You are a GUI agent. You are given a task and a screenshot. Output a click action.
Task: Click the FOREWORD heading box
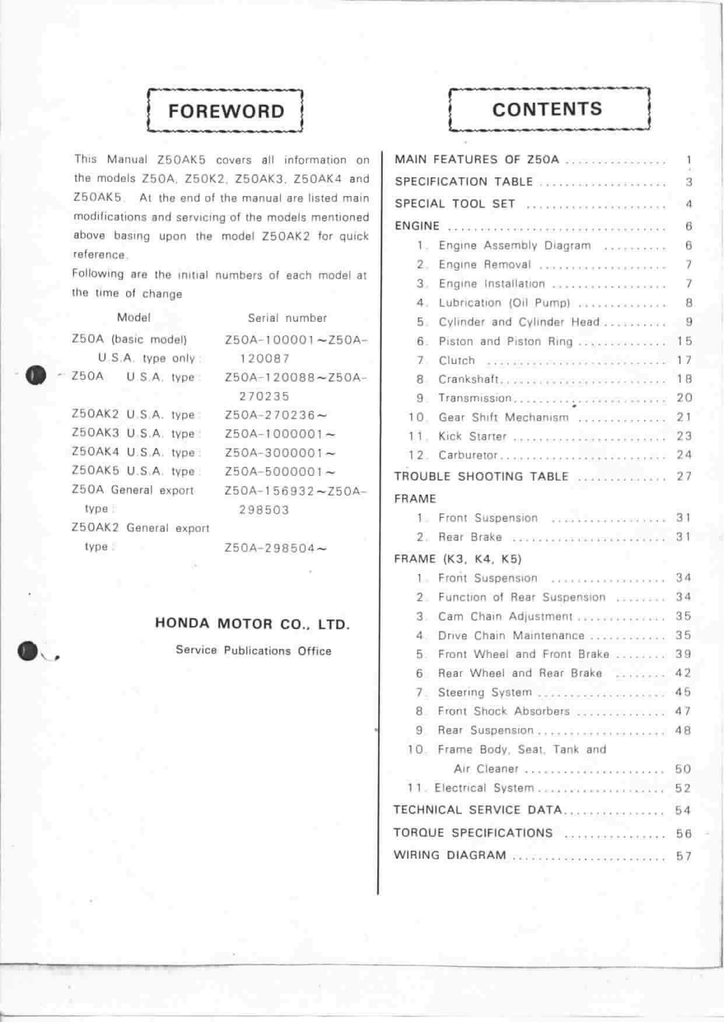pos(226,111)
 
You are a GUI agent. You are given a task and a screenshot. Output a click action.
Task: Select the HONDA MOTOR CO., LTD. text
pos(252,624)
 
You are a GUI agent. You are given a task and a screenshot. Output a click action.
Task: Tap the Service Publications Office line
pos(253,651)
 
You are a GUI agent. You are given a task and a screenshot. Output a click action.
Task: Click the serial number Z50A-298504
pos(275,548)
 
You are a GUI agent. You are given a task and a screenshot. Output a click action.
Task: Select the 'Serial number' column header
pos(287,318)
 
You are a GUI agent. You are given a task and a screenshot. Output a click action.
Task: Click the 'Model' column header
pos(134,317)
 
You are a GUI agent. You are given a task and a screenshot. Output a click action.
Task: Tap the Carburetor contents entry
pos(468,455)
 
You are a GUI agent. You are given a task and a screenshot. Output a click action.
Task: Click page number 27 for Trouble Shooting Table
pos(684,476)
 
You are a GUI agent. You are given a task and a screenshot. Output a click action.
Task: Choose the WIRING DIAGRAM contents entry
pos(450,855)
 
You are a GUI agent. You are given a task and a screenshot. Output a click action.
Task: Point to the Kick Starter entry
pos(473,436)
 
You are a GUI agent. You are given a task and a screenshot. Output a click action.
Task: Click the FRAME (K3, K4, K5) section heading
pos(457,559)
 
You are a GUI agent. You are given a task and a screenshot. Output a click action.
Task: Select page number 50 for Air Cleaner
pos(683,769)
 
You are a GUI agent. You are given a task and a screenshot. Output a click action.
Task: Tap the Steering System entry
pos(485,692)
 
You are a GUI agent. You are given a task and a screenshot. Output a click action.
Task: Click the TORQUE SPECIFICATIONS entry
pos(473,832)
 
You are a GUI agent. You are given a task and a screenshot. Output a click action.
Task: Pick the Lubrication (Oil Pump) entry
pos(504,303)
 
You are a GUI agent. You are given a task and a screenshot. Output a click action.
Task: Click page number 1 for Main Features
pos(689,160)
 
